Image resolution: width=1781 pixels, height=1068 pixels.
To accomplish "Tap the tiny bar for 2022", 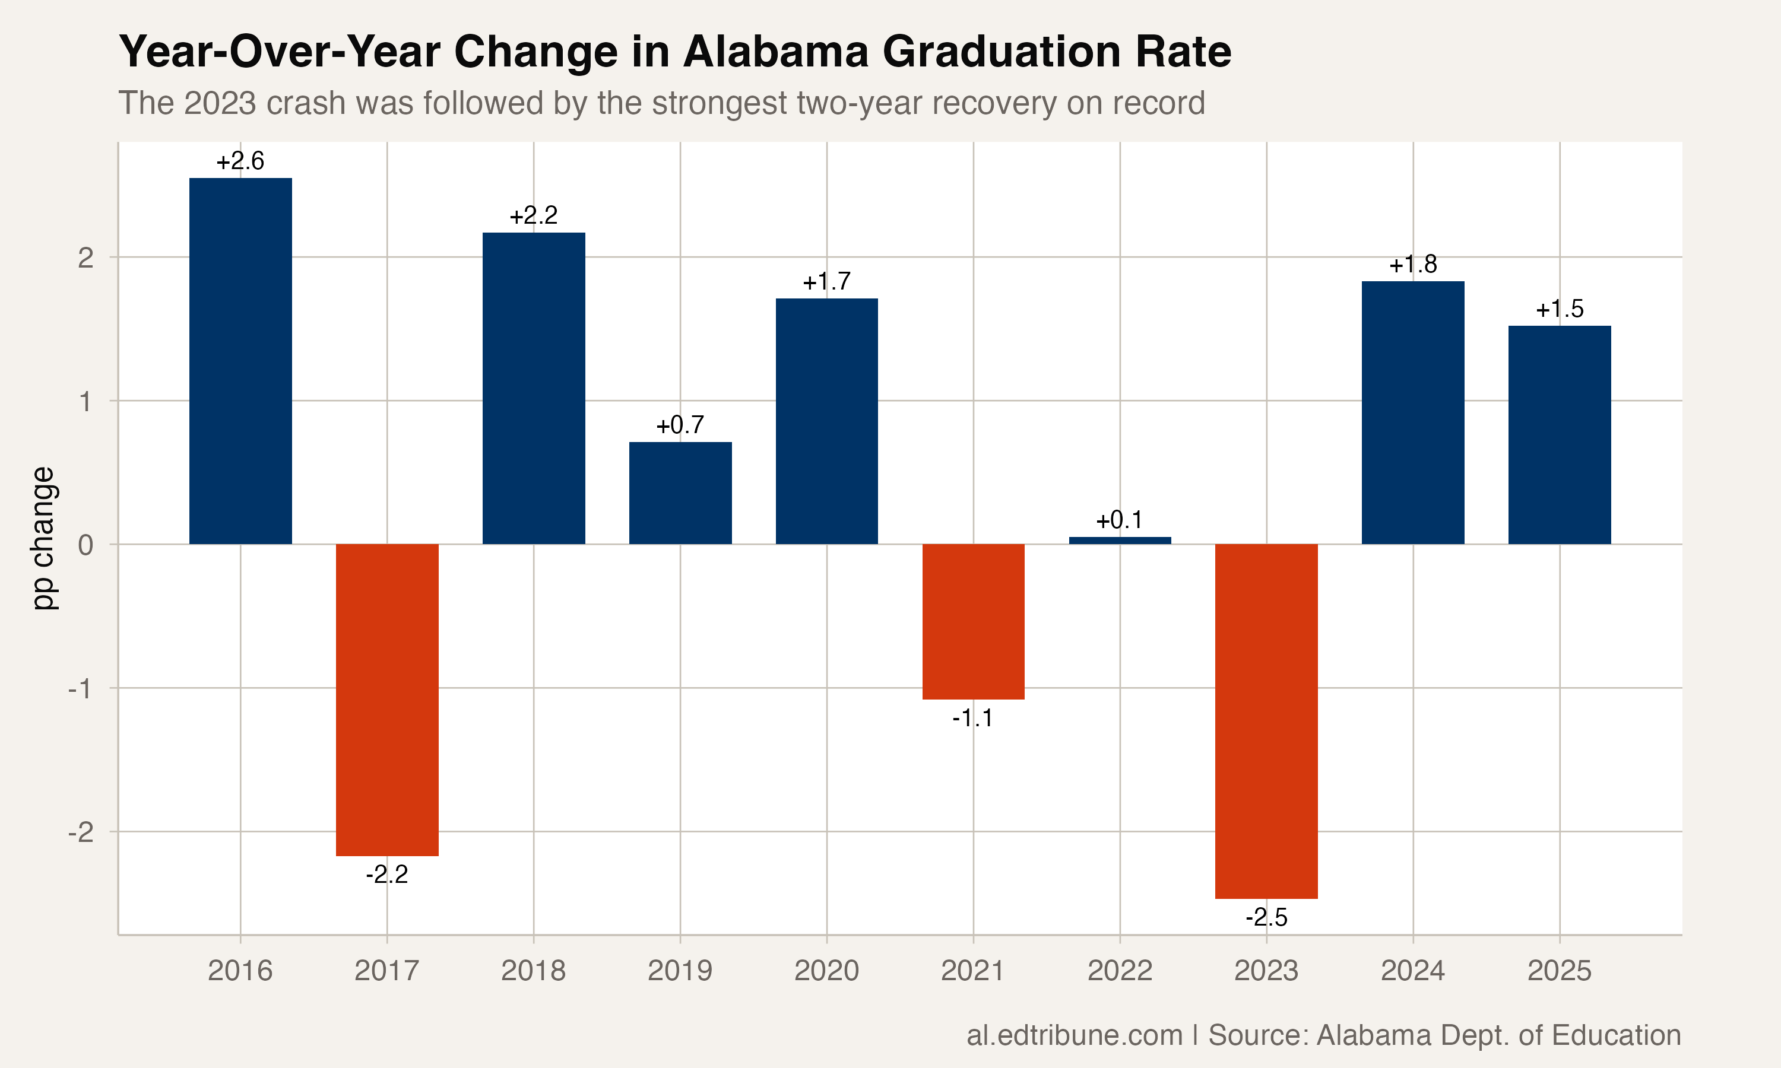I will click(1120, 540).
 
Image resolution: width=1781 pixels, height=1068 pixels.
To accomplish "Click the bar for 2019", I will click(680, 493).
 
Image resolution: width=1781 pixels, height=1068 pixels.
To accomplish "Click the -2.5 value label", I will click(1266, 917).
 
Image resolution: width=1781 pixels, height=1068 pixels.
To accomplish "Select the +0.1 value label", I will click(1120, 520).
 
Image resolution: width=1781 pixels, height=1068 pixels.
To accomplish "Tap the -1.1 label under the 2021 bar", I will click(972, 719).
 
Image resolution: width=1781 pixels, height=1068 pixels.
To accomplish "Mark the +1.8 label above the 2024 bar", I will click(1412, 265).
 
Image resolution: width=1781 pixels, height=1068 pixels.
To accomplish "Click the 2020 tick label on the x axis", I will click(826, 971).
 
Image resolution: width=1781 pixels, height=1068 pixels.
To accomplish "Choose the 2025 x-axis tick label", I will click(1560, 971).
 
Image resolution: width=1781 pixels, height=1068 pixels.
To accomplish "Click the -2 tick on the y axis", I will click(81, 832).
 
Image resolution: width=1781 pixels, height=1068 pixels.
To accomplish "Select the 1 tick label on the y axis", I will click(85, 402).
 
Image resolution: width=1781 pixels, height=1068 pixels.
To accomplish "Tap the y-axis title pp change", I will click(43, 538).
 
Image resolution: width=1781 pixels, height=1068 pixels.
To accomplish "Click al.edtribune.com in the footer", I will click(1074, 1035).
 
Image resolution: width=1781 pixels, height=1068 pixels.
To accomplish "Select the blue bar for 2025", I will click(1560, 435).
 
